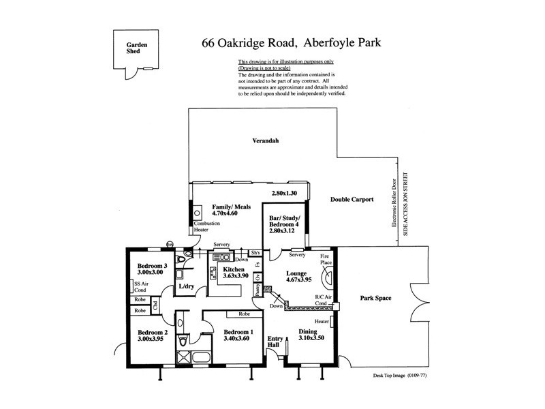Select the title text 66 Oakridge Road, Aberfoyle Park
click(x=290, y=42)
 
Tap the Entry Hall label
click(x=275, y=342)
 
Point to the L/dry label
click(x=187, y=287)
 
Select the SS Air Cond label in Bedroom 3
click(x=142, y=286)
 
